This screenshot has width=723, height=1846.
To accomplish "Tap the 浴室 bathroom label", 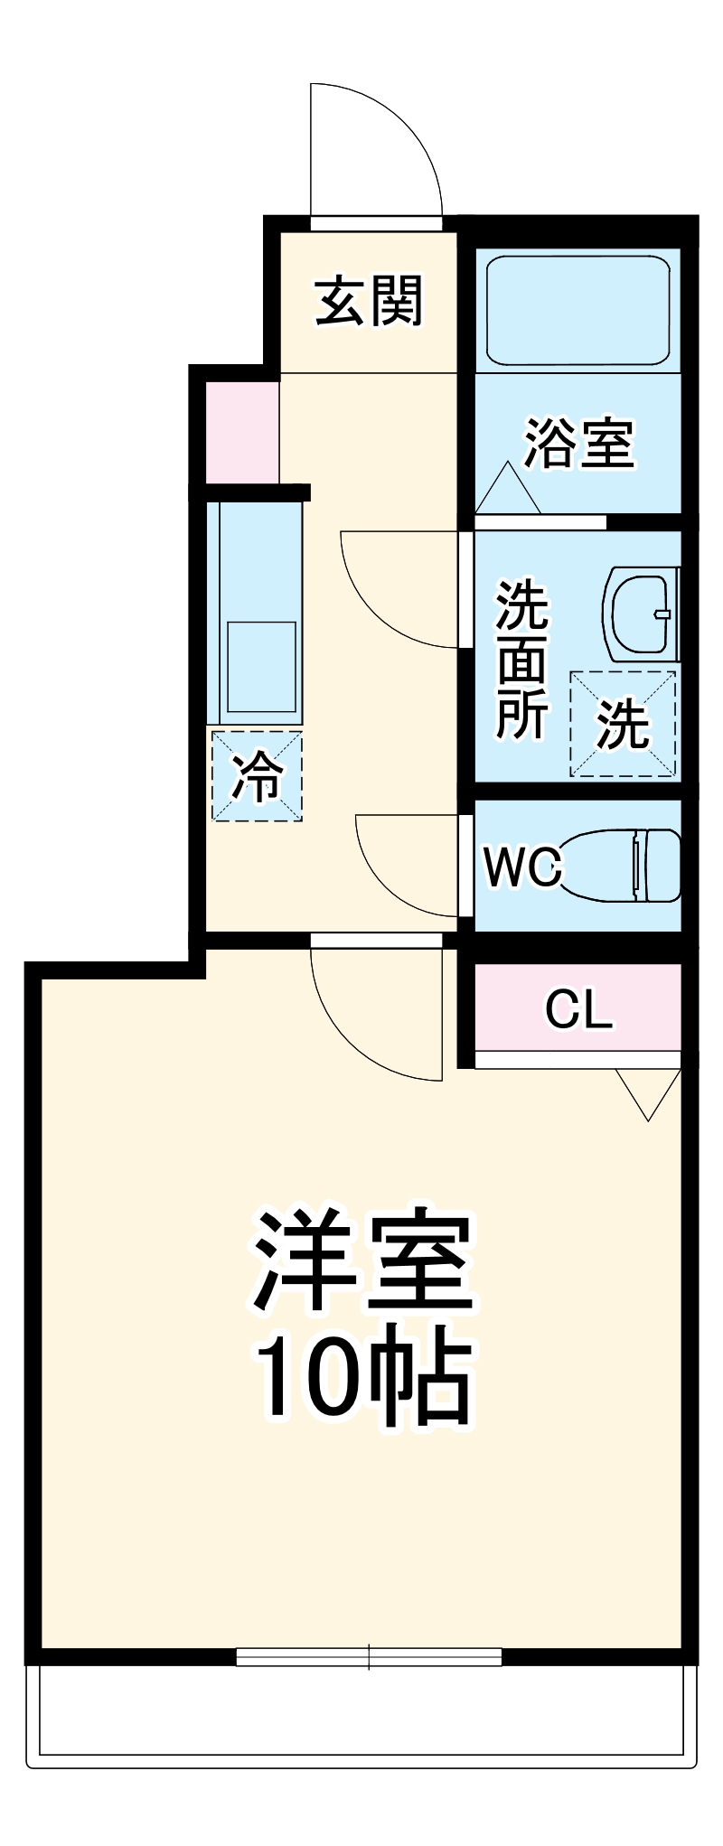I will pos(579,443).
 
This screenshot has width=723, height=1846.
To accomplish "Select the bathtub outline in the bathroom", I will pos(578,310).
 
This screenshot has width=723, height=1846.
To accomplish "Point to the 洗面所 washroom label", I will pos(522,660).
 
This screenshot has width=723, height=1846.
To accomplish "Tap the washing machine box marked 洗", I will pos(623,724).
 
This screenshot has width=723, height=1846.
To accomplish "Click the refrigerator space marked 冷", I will pos(257,776).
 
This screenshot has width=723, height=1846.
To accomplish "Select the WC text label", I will pos(522,867).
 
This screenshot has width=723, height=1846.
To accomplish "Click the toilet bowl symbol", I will pos(624,866).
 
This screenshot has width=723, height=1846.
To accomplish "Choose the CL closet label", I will pos(578,1009).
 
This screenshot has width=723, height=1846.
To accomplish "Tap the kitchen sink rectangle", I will pos(261,667).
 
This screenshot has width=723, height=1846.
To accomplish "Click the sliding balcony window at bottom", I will pos(369,1656).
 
